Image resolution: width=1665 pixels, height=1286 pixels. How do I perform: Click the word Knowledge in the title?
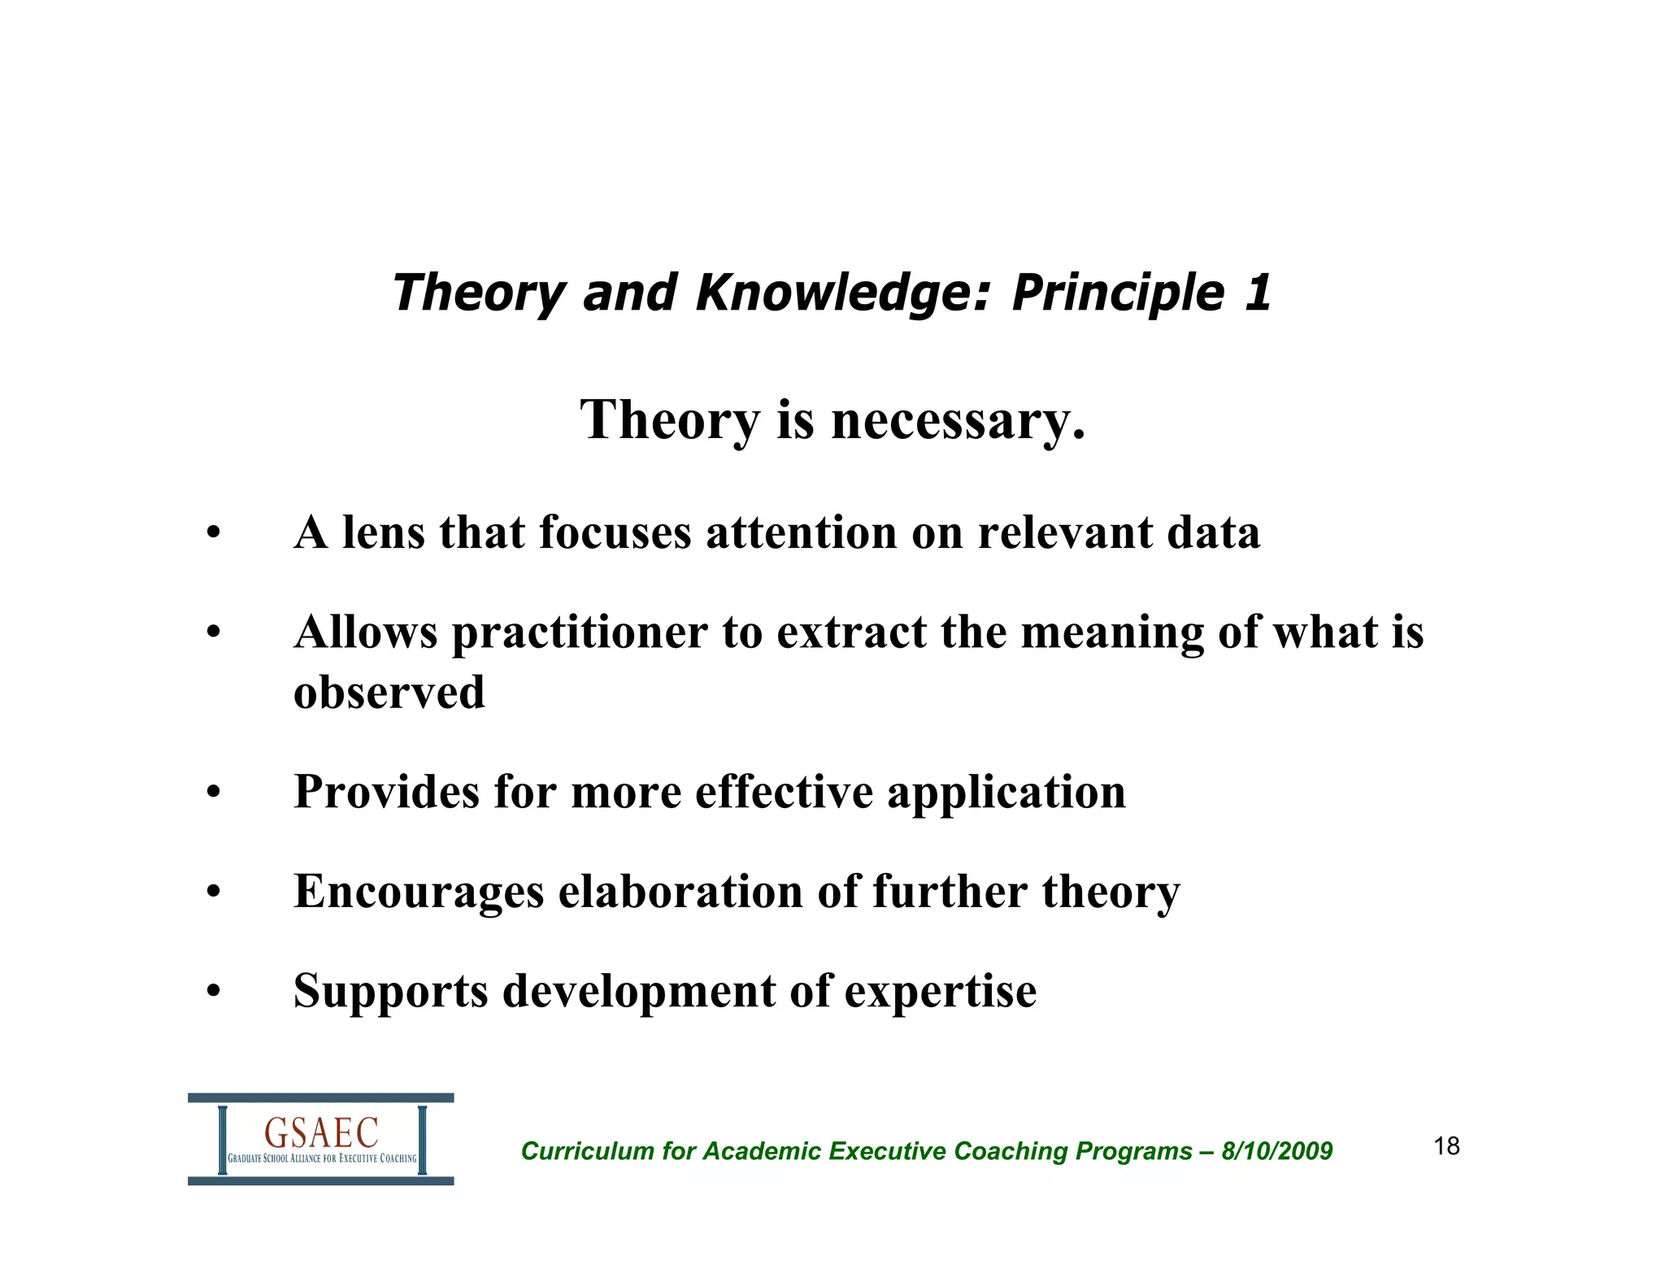click(x=842, y=293)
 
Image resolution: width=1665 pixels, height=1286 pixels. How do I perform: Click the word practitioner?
click(x=580, y=633)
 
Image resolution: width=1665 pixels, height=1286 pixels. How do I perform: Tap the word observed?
click(x=389, y=693)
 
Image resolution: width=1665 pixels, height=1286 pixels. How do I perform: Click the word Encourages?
click(x=419, y=892)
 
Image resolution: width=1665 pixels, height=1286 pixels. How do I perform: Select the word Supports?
click(x=390, y=991)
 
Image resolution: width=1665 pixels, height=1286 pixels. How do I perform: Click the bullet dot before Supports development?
click(x=213, y=992)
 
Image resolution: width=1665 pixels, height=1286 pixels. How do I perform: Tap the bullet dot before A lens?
click(x=213, y=534)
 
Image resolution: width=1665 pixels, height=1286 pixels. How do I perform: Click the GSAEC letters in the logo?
click(x=321, y=1132)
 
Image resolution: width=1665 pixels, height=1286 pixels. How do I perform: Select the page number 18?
click(x=1446, y=1146)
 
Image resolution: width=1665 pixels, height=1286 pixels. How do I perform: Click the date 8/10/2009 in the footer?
click(x=1276, y=1151)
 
